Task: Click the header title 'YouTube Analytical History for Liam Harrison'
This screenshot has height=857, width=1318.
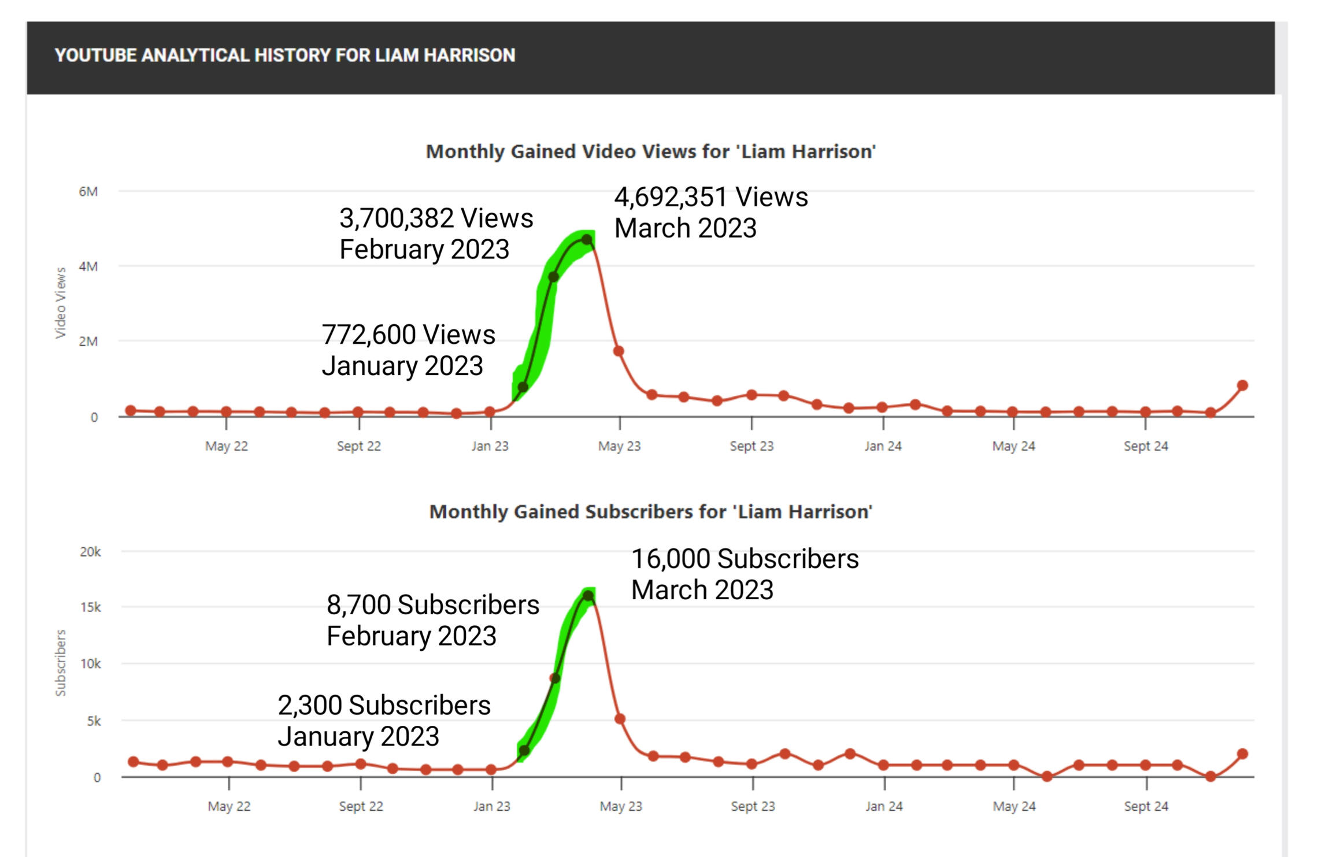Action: point(284,55)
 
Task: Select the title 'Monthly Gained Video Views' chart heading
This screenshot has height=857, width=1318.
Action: point(650,151)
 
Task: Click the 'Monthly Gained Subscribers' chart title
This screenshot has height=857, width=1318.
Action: point(650,512)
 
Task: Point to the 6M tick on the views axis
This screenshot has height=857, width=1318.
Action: point(88,191)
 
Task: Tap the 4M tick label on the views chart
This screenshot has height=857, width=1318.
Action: point(88,266)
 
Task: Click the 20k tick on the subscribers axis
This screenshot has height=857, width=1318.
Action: point(90,552)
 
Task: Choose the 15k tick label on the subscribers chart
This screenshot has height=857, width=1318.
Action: point(90,607)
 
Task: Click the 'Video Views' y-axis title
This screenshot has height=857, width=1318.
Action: point(61,303)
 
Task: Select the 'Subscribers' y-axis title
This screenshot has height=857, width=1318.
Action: point(61,663)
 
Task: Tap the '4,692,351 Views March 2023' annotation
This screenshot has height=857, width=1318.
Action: point(710,212)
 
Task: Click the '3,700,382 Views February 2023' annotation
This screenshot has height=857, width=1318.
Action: point(436,233)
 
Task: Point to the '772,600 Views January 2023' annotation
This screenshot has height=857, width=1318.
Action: point(408,350)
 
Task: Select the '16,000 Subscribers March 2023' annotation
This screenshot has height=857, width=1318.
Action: point(745,574)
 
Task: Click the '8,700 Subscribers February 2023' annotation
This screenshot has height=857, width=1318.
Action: point(432,620)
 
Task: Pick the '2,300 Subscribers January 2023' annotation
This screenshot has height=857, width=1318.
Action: point(384,721)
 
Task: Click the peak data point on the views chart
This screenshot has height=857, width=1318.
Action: point(587,239)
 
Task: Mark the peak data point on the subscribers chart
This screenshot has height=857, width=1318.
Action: point(588,596)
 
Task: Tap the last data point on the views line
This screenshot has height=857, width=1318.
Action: point(1242,385)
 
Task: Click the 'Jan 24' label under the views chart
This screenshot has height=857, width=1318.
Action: point(883,446)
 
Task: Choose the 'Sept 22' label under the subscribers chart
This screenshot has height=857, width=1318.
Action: point(361,806)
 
